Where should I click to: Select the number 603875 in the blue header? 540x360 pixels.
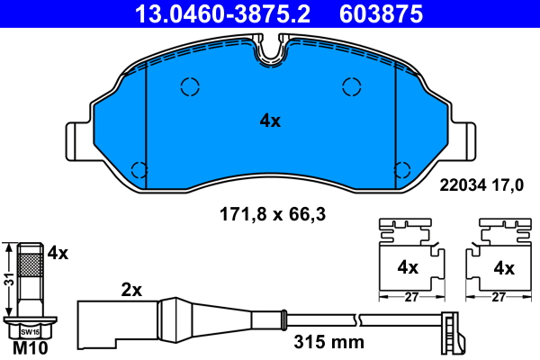pyautogui.click(x=381, y=13)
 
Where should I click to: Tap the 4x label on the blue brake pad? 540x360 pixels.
pyautogui.click(x=270, y=121)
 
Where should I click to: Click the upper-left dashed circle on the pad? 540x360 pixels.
pyautogui.click(x=190, y=86)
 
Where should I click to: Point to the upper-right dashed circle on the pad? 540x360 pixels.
pyautogui.click(x=352, y=86)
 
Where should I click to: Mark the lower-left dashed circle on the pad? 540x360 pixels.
pyautogui.click(x=139, y=169)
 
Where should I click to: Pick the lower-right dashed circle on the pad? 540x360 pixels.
pyautogui.click(x=402, y=169)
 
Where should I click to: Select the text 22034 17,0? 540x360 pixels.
pyautogui.click(x=481, y=185)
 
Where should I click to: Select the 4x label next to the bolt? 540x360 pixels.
pyautogui.click(x=58, y=254)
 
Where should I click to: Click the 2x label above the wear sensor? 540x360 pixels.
pyautogui.click(x=131, y=290)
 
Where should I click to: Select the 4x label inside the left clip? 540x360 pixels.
pyautogui.click(x=408, y=267)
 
